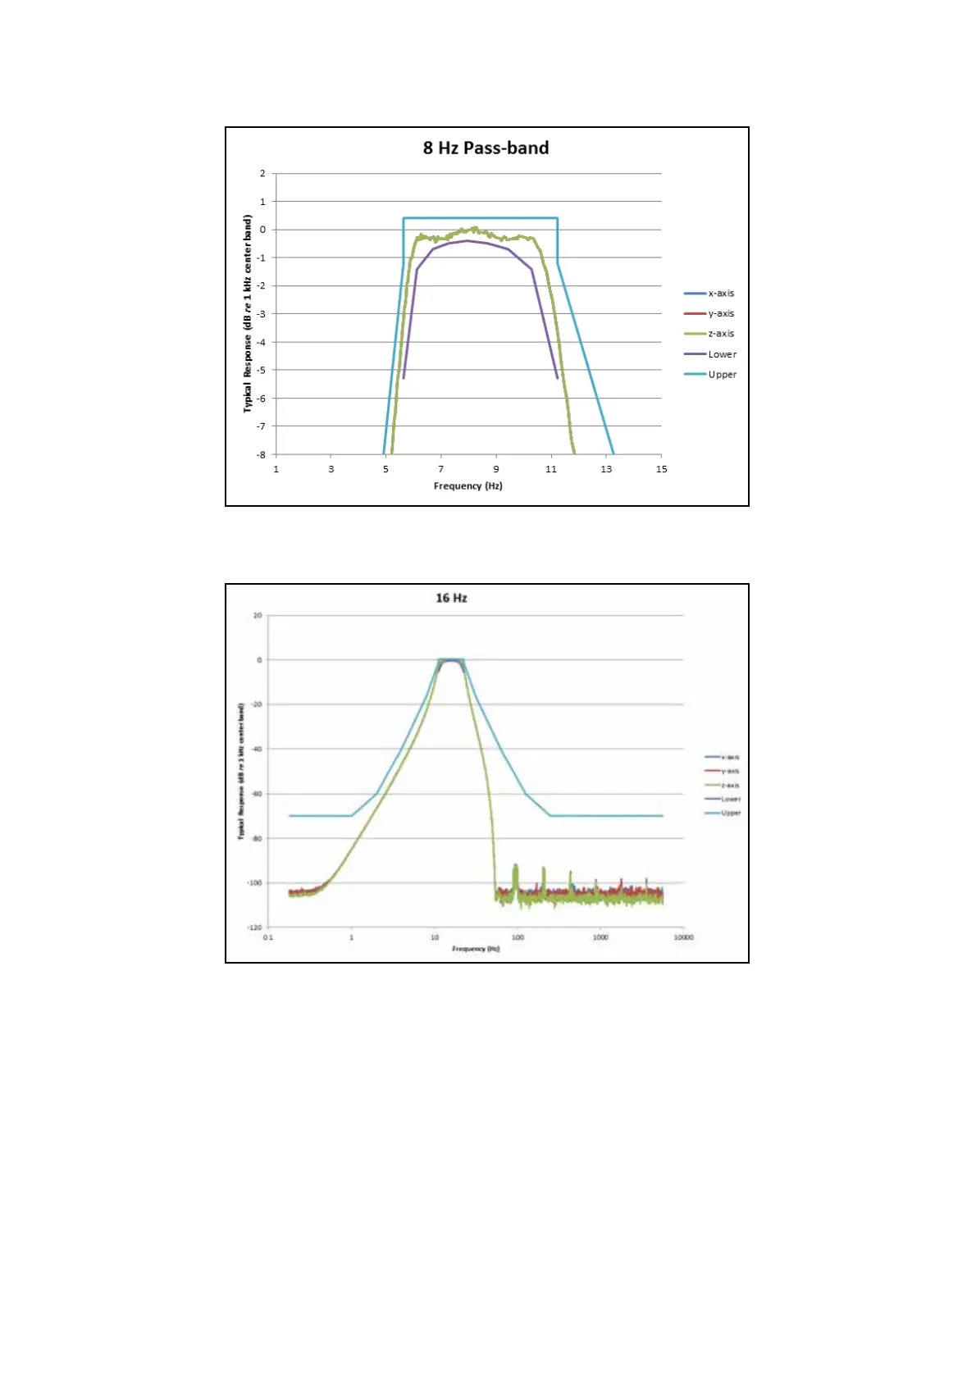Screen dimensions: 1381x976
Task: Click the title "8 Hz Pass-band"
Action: click(486, 148)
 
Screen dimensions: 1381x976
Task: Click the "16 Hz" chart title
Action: click(451, 598)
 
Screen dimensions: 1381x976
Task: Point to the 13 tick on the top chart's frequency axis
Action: click(606, 469)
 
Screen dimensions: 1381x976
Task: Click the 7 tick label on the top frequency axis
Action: click(441, 469)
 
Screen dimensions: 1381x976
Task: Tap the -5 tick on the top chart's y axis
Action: click(261, 370)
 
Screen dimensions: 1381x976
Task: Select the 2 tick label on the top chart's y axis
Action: click(262, 173)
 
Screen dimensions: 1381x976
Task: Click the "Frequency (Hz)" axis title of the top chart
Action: click(467, 486)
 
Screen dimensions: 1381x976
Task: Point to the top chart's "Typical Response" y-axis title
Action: click(247, 313)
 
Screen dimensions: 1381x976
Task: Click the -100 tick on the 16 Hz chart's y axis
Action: click(254, 883)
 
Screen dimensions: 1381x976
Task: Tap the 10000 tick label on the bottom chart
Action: click(683, 937)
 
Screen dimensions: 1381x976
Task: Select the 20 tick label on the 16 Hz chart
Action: click(258, 615)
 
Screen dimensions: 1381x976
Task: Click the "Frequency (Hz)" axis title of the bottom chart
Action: click(476, 949)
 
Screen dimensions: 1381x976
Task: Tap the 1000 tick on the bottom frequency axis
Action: click(600, 937)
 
